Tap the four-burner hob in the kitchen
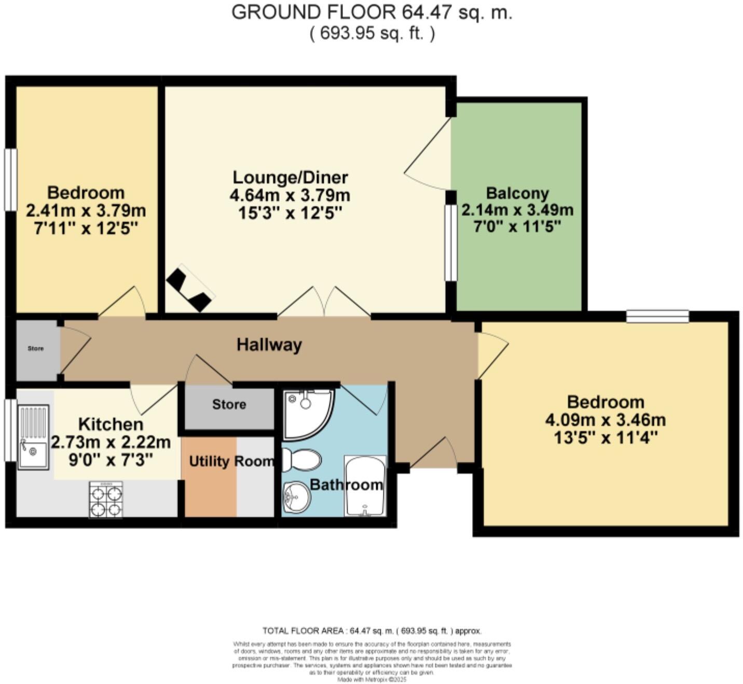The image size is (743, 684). point(106,500)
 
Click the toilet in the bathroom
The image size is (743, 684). point(302,460)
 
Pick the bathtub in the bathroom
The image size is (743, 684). point(365,486)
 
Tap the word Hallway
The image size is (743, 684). point(269,345)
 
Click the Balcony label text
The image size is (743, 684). point(517,193)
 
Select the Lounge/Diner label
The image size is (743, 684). point(290,177)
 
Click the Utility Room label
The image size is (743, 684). point(231,461)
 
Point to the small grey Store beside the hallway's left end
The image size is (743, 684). point(36,349)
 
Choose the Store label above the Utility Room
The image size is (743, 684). point(229,404)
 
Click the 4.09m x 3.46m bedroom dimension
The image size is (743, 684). point(606,420)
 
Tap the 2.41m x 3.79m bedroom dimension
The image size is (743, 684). point(86,211)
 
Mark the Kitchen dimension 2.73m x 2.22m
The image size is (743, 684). point(111,442)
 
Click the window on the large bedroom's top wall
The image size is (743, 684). point(657,316)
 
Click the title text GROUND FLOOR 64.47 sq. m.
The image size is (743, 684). point(371,12)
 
